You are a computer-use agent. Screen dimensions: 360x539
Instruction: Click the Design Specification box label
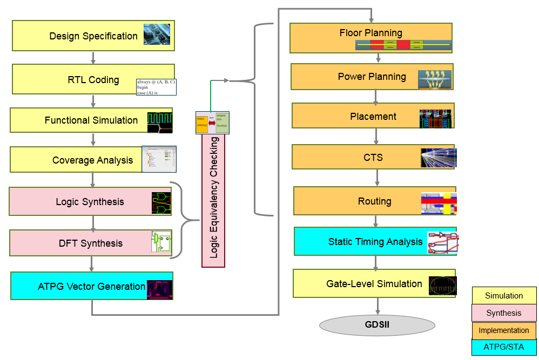pyautogui.click(x=93, y=36)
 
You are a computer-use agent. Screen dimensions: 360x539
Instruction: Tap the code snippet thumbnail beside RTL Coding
pyautogui.click(x=156, y=87)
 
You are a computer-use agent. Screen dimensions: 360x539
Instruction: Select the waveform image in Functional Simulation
pyautogui.click(x=160, y=122)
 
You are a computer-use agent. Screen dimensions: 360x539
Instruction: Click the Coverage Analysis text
pyautogui.click(x=92, y=160)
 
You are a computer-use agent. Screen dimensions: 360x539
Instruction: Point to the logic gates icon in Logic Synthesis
pyautogui.click(x=161, y=203)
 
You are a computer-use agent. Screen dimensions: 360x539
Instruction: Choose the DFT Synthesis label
pyautogui.click(x=91, y=243)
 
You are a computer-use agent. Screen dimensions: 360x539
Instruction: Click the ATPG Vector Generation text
pyautogui.click(x=91, y=287)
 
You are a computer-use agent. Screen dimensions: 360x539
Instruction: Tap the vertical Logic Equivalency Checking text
pyautogui.click(x=214, y=198)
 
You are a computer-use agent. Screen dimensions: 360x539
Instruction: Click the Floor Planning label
pyautogui.click(x=370, y=33)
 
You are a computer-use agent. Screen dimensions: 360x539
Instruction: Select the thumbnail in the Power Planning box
pyautogui.click(x=435, y=79)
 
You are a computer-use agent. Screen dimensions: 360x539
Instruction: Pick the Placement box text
pyautogui.click(x=373, y=117)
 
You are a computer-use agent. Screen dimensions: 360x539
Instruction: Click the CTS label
pyautogui.click(x=373, y=158)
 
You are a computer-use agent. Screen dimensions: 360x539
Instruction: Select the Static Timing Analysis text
pyautogui.click(x=375, y=242)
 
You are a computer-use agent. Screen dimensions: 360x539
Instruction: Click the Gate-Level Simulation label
pyautogui.click(x=374, y=284)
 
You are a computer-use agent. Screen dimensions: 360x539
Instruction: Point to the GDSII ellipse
pyautogui.click(x=378, y=325)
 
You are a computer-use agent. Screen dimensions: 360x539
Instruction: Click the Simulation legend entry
pyautogui.click(x=504, y=296)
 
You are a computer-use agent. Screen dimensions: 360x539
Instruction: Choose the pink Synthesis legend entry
pyautogui.click(x=504, y=313)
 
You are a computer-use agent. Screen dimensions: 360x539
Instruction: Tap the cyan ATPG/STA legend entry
pyautogui.click(x=504, y=347)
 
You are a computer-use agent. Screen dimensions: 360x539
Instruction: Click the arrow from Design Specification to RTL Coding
pyautogui.click(x=93, y=58)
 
